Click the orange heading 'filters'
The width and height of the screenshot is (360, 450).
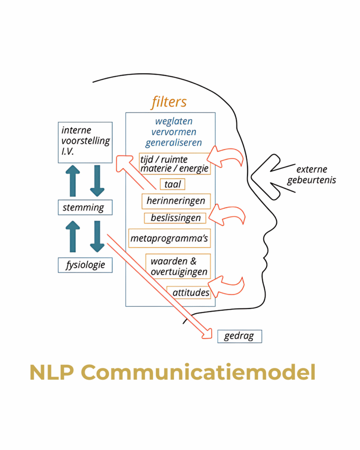[x=169, y=102]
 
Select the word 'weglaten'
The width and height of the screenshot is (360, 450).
[x=174, y=121]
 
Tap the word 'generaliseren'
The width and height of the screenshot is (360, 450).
[x=174, y=142]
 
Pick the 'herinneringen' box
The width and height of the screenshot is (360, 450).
[x=176, y=201]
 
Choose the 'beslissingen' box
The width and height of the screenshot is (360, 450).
[x=175, y=218]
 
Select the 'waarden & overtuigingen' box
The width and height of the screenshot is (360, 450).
[x=178, y=266]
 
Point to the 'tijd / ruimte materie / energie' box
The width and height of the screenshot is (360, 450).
[x=174, y=163]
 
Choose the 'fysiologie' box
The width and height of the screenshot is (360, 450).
[x=85, y=265]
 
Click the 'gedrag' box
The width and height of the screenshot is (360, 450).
[x=240, y=337]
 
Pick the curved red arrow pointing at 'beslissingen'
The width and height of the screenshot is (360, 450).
[x=226, y=214]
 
